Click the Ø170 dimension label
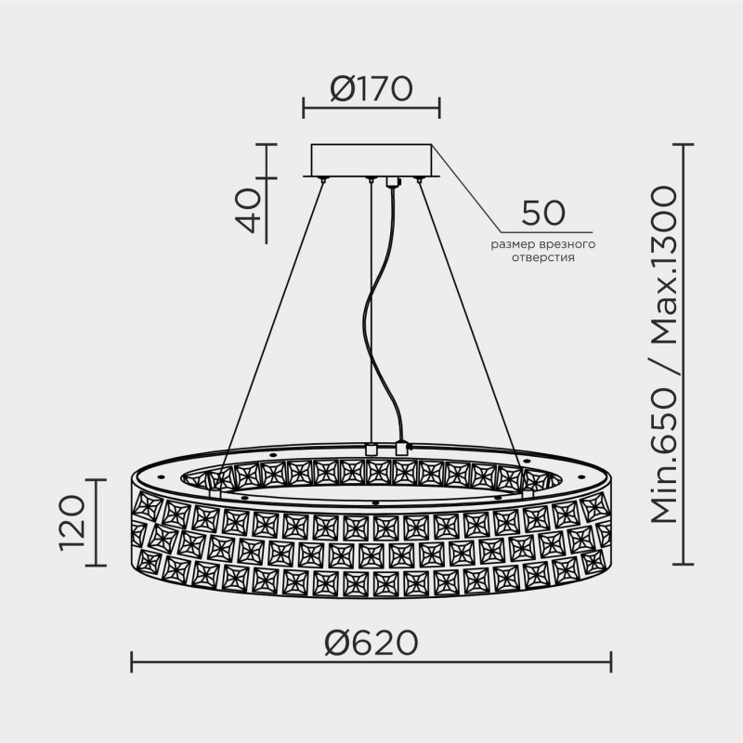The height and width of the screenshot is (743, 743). coord(371,89)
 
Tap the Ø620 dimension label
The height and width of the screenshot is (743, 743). coord(371,643)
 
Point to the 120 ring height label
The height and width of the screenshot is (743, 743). coord(72,523)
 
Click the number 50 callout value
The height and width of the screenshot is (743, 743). coord(543,213)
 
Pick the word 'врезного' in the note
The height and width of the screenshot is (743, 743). coord(567,245)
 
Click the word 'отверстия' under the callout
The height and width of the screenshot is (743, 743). coord(543,258)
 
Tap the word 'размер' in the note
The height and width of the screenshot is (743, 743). coord(514,245)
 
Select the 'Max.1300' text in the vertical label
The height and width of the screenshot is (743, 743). coord(664,266)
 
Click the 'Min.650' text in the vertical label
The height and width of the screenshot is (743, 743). coord(664,456)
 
